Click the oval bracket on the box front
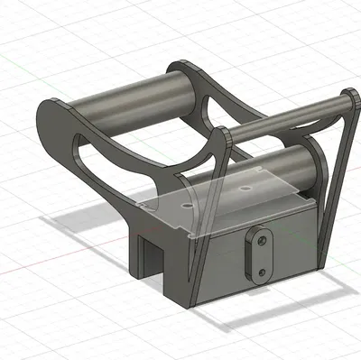pos(260,254)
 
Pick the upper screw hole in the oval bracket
pos(261,241)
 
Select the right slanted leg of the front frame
pos(335,180)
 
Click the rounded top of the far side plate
pos(180,65)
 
